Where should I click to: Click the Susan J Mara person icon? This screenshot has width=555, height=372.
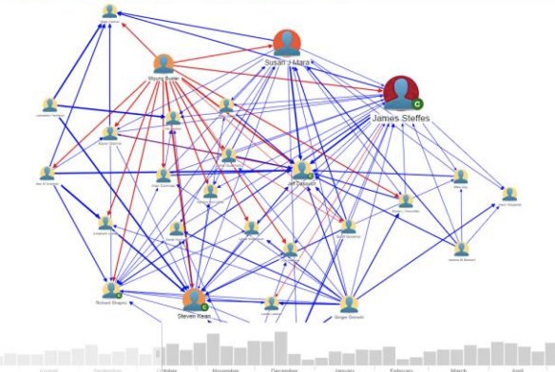click(x=286, y=43)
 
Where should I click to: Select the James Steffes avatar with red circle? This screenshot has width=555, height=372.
click(x=403, y=93)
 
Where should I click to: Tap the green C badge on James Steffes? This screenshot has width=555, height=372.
click(x=418, y=102)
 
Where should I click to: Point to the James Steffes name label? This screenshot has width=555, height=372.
click(x=400, y=118)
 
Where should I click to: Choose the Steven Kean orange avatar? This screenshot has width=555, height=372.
click(x=194, y=301)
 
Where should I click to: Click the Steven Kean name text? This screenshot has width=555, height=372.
click(x=193, y=317)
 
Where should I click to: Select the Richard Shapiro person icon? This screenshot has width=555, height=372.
click(x=112, y=289)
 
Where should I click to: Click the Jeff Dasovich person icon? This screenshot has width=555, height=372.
click(x=300, y=169)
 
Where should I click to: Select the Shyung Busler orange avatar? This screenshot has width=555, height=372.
click(x=163, y=64)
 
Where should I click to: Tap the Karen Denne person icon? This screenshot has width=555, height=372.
click(x=173, y=119)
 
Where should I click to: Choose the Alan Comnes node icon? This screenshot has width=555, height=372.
click(x=163, y=175)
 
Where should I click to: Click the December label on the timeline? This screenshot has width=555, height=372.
click(x=284, y=368)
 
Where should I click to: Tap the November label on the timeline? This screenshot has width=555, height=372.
click(x=224, y=368)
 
